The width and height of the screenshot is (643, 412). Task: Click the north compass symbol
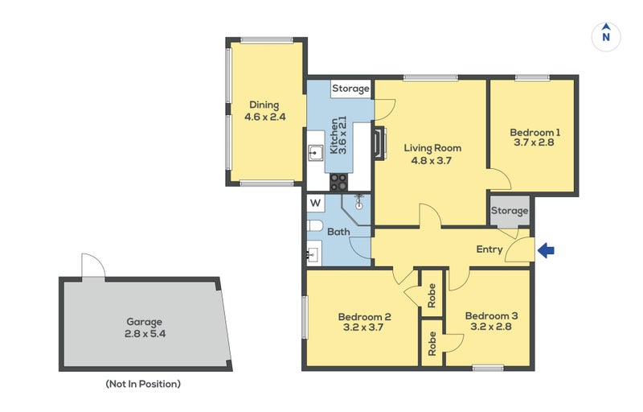606,35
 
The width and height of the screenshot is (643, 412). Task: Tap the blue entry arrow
546,251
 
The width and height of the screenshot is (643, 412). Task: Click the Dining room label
264,105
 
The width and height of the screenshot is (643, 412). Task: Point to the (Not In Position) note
143,384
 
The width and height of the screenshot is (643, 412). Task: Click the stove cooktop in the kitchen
338,182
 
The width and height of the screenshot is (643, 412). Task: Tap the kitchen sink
315,152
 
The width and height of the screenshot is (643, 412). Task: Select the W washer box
315,203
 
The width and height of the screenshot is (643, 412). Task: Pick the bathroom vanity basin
313,256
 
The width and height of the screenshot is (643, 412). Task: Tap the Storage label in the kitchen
350,89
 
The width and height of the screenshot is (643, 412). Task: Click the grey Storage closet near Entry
510,211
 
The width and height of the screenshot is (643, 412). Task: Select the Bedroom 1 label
535,132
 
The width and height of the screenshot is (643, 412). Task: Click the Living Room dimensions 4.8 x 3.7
432,159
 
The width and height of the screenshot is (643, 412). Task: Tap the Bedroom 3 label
491,316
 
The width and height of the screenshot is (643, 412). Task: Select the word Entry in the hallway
489,249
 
